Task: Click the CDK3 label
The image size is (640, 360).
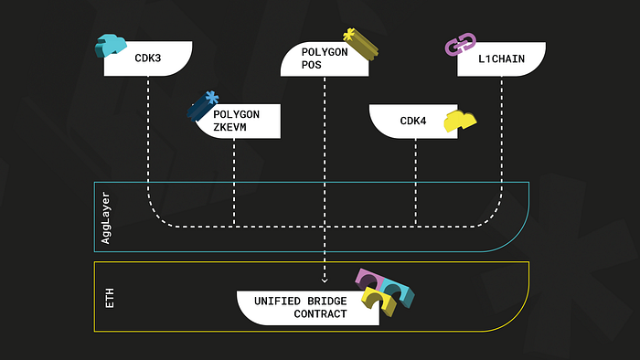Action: (x=148, y=58)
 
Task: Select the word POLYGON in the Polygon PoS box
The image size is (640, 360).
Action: (x=325, y=52)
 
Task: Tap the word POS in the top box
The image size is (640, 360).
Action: (x=312, y=65)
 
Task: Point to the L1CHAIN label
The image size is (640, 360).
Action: (x=501, y=58)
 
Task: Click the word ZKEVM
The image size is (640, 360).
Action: (x=229, y=127)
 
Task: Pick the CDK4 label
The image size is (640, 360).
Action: (x=413, y=121)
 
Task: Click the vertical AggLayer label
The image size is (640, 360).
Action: (x=106, y=218)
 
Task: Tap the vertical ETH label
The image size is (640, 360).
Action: (x=110, y=298)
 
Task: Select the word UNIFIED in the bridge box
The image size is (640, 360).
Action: (x=277, y=301)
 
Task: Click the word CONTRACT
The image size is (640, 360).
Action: (x=320, y=313)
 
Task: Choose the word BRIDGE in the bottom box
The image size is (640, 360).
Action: (x=327, y=301)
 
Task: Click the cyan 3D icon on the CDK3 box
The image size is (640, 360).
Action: (x=111, y=46)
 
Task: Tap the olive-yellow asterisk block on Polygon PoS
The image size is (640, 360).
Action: (x=360, y=44)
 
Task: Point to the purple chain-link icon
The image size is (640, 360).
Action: (x=461, y=44)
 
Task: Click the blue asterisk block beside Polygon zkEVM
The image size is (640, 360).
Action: (x=203, y=106)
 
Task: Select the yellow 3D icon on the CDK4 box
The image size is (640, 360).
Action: (x=460, y=121)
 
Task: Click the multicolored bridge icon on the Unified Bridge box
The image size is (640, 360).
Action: (x=385, y=291)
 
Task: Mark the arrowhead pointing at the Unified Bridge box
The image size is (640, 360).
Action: (x=325, y=280)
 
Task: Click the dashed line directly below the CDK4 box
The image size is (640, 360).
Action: (x=416, y=182)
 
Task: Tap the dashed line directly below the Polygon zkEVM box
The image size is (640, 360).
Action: (x=234, y=182)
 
